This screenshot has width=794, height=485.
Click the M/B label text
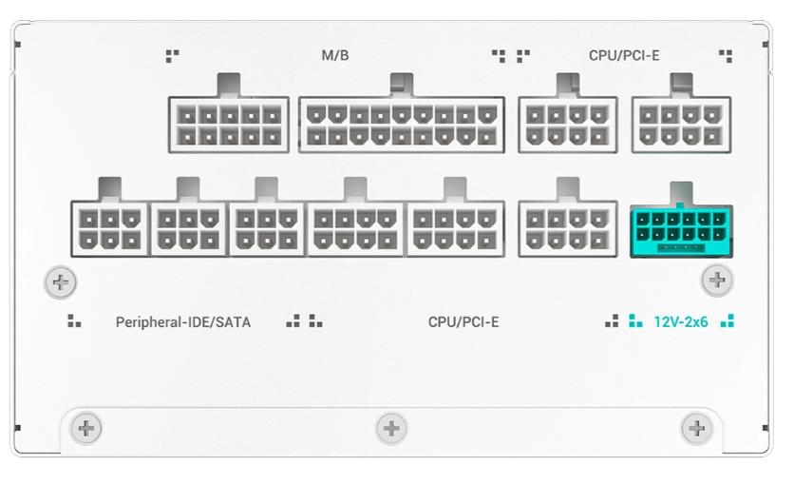tap(335, 55)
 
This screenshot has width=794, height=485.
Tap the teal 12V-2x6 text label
tap(681, 321)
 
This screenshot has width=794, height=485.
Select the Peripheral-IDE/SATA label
tap(183, 322)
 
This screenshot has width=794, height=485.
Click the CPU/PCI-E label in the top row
tap(624, 55)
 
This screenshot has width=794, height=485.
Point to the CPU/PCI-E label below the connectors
tap(463, 322)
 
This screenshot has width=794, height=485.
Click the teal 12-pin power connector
tap(681, 232)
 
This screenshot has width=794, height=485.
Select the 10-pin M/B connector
tap(229, 125)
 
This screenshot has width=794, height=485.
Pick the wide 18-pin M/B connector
tap(402, 125)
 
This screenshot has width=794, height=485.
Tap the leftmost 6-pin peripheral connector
tap(110, 229)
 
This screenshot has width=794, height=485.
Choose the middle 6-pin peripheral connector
tap(188, 229)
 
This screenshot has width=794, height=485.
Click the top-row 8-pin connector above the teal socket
tap(681, 125)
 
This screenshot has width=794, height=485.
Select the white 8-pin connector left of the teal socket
tap(568, 229)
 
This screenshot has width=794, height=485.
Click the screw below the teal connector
tap(717, 280)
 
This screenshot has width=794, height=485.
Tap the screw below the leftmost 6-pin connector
tap(60, 282)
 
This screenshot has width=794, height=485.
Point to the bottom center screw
tap(391, 429)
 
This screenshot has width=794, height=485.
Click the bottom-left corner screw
tap(86, 429)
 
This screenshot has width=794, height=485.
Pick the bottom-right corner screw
tap(697, 429)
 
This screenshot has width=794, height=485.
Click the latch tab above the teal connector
tap(681, 194)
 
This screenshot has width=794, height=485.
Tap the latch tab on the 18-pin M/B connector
tap(402, 85)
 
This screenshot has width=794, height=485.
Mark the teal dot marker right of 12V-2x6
tap(728, 320)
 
